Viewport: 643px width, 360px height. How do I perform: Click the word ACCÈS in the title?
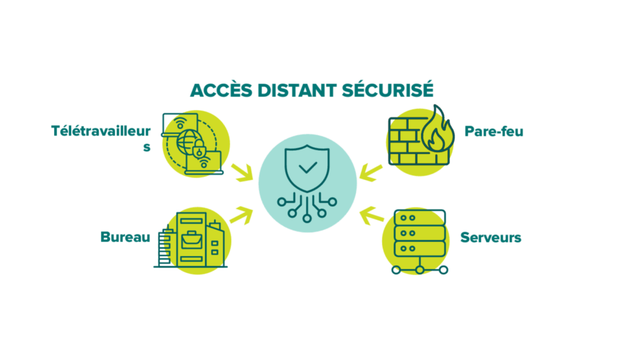click(219, 90)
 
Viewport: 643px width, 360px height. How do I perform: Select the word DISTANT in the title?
click(295, 90)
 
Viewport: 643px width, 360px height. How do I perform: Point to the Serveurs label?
click(491, 237)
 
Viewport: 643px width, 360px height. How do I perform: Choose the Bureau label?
click(126, 237)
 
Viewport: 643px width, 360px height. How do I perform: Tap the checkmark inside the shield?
click(307, 168)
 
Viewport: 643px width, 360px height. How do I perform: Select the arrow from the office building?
click(242, 213)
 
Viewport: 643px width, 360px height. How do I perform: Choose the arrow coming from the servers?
click(372, 215)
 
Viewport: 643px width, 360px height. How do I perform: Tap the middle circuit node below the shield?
click(307, 218)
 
